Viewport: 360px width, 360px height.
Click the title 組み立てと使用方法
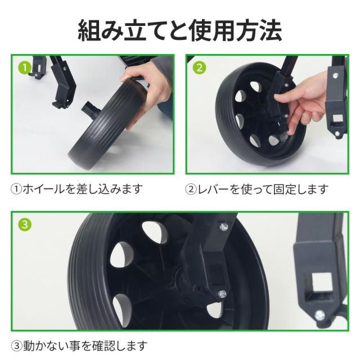[x=180, y=31]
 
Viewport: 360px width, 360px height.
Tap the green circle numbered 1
[x=25, y=67]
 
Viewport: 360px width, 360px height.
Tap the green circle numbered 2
[x=199, y=67]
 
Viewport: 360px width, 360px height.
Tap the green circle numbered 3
[x=25, y=224]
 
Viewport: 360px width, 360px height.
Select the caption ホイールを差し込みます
[x=83, y=189]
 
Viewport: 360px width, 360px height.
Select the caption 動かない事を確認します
[x=85, y=345]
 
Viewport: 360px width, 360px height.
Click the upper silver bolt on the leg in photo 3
[x=224, y=226]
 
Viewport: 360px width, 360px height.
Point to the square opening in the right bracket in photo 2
[x=337, y=119]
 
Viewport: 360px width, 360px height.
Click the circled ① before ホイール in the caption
[x=16, y=189]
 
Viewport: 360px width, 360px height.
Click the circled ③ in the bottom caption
[x=16, y=346]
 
